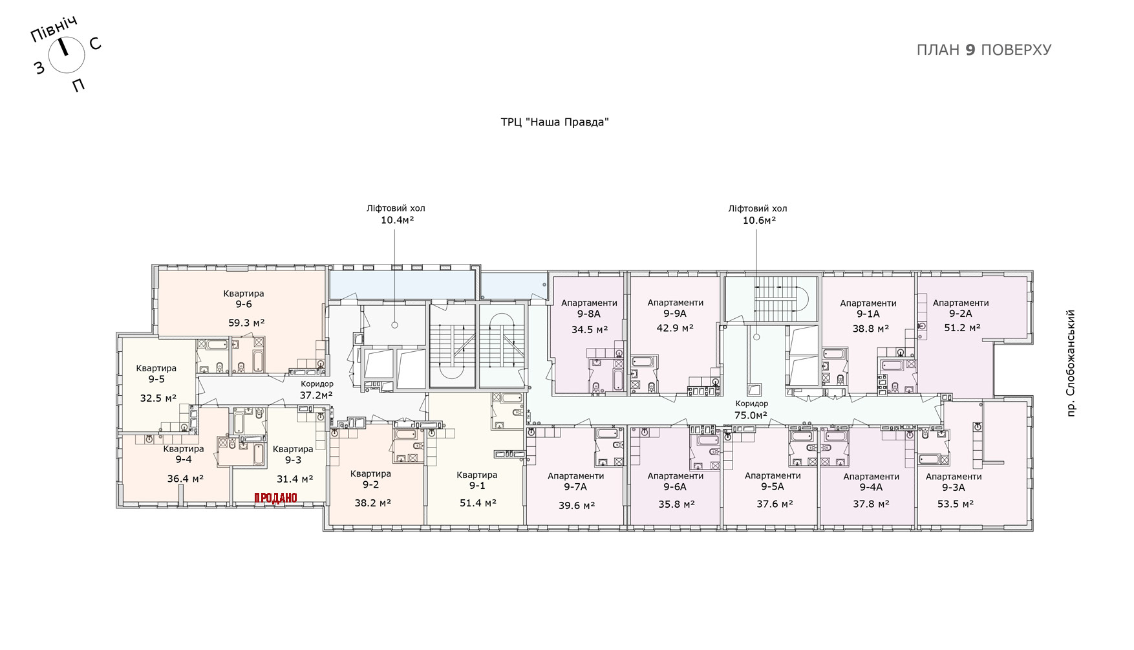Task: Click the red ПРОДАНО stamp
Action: (x=275, y=498)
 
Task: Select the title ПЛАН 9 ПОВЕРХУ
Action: (x=984, y=50)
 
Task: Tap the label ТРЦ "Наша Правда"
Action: (x=555, y=122)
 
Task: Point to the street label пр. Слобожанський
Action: (x=1071, y=363)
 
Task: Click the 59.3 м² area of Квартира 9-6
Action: (x=246, y=323)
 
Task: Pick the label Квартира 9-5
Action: (x=156, y=374)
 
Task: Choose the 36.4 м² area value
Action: (x=186, y=479)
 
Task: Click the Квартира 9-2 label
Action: (x=371, y=479)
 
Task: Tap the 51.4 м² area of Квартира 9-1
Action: (x=478, y=503)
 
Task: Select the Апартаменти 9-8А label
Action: (x=589, y=309)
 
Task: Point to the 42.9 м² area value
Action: (x=675, y=328)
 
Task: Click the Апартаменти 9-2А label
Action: (x=961, y=308)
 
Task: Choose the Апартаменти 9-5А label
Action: (x=773, y=481)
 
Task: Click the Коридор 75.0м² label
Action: (x=751, y=409)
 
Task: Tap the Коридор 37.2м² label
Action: (x=317, y=389)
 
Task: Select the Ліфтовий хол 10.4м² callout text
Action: (x=396, y=214)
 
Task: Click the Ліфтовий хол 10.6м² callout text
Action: (x=758, y=214)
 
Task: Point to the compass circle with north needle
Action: (x=67, y=54)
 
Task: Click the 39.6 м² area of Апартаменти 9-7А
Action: (x=577, y=506)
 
